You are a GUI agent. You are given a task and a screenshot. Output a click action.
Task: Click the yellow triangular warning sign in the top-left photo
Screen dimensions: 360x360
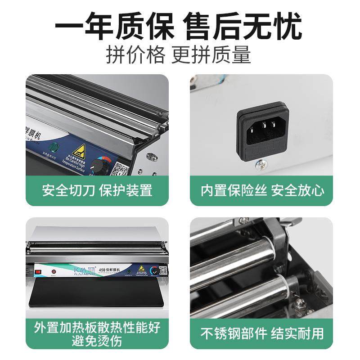tap(80, 151)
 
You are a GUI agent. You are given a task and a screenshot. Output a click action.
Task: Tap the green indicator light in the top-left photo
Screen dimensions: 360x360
tap(55, 148)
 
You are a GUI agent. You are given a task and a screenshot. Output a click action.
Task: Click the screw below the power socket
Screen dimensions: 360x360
tap(260, 165)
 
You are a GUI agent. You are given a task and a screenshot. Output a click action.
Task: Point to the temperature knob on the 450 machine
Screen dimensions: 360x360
tap(153, 270)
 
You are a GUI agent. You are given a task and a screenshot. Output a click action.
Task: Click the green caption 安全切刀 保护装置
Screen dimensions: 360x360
tap(97, 190)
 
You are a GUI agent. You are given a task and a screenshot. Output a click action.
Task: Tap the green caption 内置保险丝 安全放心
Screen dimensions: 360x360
tap(262, 190)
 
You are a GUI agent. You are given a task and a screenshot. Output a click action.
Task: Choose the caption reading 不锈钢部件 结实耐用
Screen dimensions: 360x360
tap(262, 333)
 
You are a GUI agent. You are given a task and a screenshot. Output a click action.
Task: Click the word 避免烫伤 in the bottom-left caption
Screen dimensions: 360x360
tap(97, 341)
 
